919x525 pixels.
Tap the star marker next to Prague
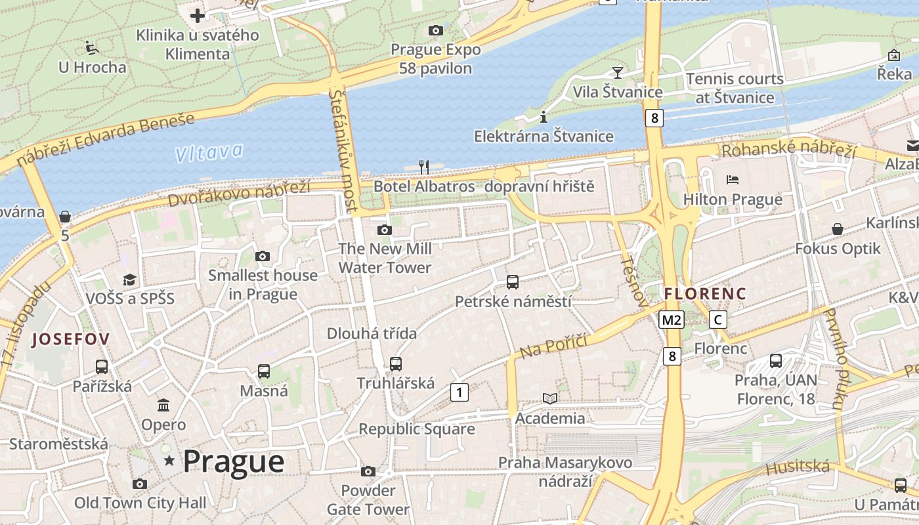(169, 461)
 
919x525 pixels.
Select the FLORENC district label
(705, 293)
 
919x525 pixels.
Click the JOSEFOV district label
(71, 339)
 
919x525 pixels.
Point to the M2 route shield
(672, 320)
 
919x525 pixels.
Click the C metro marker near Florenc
(719, 320)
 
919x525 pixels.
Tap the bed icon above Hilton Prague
(733, 179)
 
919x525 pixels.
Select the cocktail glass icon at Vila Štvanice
(617, 72)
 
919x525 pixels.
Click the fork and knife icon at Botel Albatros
(424, 167)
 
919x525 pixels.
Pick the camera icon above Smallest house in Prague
(263, 256)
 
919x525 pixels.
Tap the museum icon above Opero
(163, 405)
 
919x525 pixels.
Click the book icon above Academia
(550, 398)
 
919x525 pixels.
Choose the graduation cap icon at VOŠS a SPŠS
(129, 280)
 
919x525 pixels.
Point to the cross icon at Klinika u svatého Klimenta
(198, 16)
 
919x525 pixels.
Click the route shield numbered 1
(460, 392)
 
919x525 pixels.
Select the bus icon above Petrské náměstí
(513, 282)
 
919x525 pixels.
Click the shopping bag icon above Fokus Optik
(838, 229)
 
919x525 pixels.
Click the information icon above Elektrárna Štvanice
(543, 117)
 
